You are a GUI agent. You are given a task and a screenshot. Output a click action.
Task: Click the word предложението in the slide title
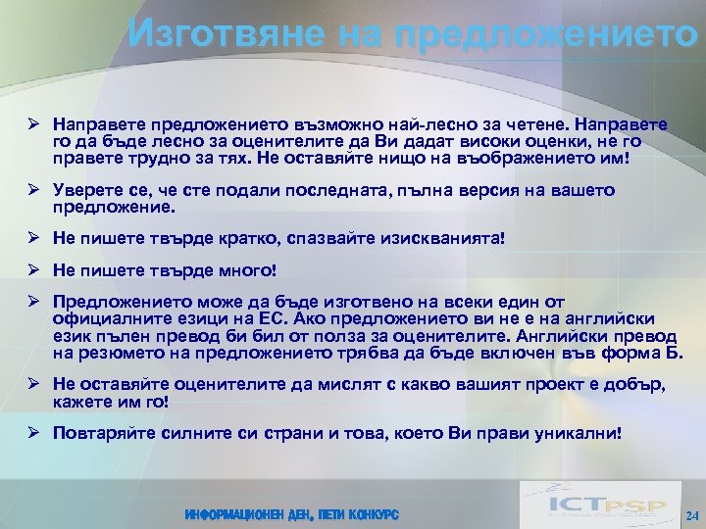[549, 33]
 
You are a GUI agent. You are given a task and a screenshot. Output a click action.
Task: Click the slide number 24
[691, 514]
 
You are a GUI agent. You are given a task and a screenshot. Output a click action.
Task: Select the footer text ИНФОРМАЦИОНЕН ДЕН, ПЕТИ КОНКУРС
[291, 514]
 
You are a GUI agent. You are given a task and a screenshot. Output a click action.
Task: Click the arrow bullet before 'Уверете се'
[33, 191]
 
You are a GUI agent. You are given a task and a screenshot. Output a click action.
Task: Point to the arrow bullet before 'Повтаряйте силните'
[33, 432]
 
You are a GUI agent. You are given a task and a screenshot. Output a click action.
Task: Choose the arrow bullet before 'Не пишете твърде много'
[33, 268]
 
